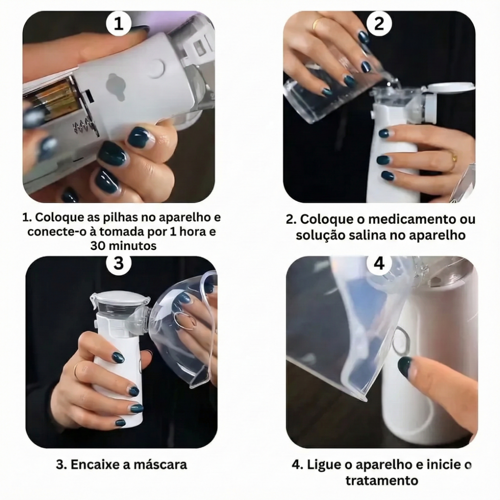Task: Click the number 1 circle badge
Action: [x=119, y=24]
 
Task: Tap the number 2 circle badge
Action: [x=379, y=24]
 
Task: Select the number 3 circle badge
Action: [x=119, y=263]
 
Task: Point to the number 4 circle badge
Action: [x=379, y=263]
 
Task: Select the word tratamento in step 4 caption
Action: [x=381, y=480]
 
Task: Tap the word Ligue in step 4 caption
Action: [x=322, y=464]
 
